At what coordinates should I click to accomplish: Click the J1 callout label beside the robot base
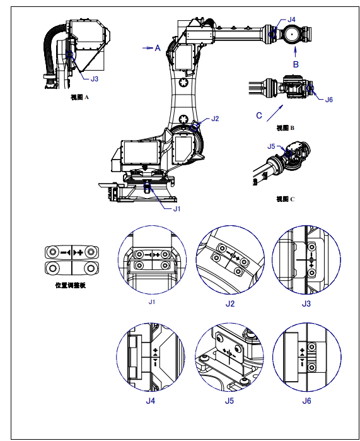177,209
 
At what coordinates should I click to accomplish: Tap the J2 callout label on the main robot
215,119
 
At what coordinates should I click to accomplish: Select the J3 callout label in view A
95,79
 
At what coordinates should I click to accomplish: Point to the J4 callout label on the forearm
291,20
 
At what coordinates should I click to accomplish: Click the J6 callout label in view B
329,100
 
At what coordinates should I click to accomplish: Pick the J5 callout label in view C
271,146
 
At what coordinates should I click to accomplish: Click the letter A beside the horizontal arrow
158,48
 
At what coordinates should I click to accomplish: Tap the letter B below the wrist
296,64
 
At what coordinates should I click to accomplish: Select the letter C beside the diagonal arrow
259,115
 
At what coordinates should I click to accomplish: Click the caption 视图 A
79,97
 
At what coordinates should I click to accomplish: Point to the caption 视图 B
286,128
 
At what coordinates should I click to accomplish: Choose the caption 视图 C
286,199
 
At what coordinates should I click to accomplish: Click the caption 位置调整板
70,285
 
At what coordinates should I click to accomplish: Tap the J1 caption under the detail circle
152,302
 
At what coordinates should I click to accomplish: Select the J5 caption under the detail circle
229,401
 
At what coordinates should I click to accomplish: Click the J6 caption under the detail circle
306,401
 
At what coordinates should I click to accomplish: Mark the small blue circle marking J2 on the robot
194,128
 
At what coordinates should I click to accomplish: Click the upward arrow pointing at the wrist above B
295,52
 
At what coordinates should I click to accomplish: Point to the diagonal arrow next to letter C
275,113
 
